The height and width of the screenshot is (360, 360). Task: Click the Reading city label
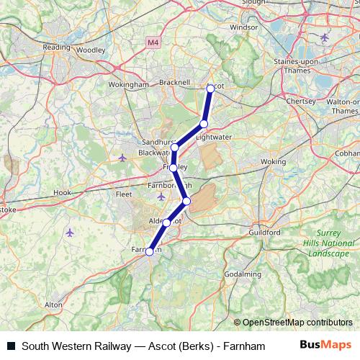(x=56, y=47)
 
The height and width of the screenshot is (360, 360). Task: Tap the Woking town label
(x=273, y=163)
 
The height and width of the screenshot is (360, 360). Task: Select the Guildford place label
(x=264, y=233)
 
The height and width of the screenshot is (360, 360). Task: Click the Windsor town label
(x=244, y=27)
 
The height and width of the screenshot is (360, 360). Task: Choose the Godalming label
(x=243, y=274)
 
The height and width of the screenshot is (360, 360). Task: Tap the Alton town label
(x=53, y=305)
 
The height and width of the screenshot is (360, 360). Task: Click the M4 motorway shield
(x=152, y=43)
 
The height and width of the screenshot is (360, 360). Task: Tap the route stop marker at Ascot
(x=211, y=88)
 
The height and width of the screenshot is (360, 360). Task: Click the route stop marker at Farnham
(x=150, y=251)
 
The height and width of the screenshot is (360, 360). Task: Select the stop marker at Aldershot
(x=167, y=222)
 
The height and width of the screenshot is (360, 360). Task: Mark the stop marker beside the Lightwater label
(x=204, y=124)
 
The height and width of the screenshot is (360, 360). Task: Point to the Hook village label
(x=63, y=193)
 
